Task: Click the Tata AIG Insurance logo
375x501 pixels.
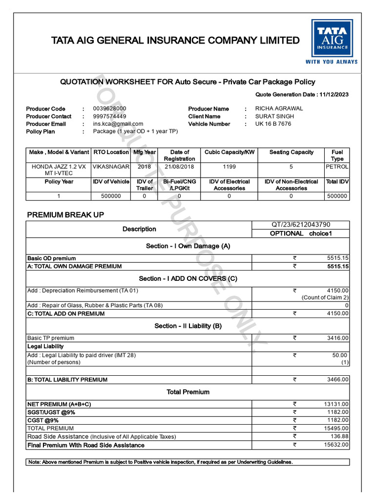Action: coord(332,42)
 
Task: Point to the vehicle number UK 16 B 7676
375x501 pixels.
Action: coord(273,124)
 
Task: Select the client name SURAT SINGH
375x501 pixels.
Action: coord(275,116)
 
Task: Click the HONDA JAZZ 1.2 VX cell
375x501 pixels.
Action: coord(59,170)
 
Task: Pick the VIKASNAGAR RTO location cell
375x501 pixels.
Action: coord(111,167)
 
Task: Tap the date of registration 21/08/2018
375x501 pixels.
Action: coord(179,167)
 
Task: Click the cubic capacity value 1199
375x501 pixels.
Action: coord(229,167)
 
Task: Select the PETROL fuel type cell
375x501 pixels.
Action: coord(337,167)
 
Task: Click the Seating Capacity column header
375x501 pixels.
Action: coord(291,153)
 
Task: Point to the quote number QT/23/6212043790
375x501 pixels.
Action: coord(301,225)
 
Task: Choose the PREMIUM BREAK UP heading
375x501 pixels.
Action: coord(65,215)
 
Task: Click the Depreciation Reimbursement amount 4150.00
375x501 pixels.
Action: coord(337,291)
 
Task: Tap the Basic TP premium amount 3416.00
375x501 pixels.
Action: coord(337,338)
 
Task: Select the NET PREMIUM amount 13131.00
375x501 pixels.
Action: coord(336,404)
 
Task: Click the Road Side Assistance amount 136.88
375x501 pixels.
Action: coord(339,436)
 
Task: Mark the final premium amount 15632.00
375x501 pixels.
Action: coord(336,445)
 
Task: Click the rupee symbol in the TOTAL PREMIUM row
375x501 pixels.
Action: coord(295,428)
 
